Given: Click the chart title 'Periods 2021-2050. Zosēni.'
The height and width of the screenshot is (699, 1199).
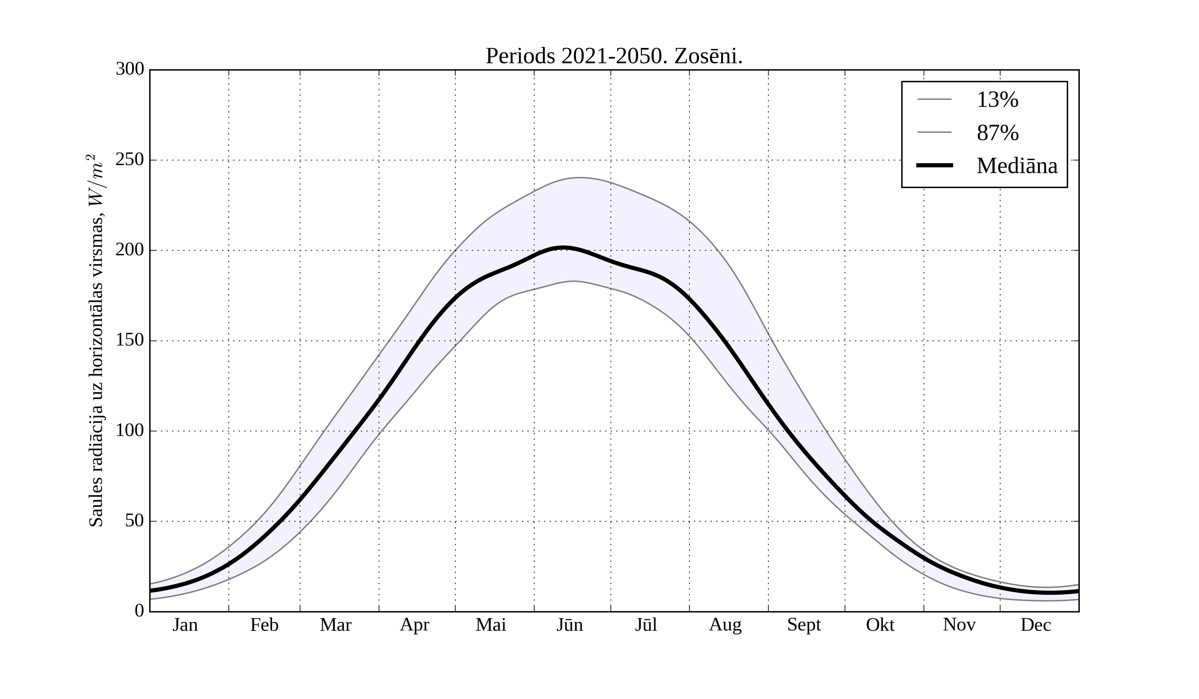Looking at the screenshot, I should pos(614,57).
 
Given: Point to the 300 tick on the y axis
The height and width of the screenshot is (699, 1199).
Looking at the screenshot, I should pos(130,70).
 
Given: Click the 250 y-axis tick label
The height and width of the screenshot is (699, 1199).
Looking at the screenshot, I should pos(130,160).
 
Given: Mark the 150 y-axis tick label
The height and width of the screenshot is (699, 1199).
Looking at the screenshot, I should pos(130,341).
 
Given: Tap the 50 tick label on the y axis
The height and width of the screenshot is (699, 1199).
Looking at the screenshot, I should pos(135,521).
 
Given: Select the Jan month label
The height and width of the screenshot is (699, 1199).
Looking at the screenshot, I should pos(185,625).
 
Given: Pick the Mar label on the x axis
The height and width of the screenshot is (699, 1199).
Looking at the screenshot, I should pos(335,625).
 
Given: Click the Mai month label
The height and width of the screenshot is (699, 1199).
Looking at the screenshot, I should pos(491,625).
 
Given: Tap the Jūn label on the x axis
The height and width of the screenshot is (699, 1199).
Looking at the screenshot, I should pos(570,625).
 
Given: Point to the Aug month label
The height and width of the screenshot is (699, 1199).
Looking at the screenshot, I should pos(725,625).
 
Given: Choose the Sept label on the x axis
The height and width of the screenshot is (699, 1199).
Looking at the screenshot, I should pos(804,625).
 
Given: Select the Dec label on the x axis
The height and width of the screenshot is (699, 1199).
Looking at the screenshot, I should pos(1036,625).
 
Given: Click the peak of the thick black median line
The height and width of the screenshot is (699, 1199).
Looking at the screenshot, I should pos(563,248).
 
